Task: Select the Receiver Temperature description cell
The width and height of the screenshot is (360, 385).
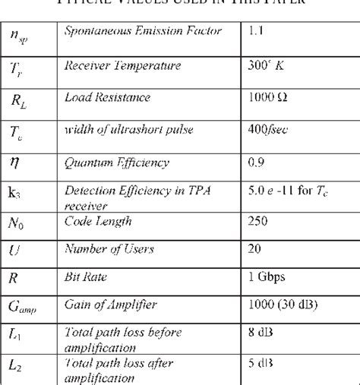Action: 122,65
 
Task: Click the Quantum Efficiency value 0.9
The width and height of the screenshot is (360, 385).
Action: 256,163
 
